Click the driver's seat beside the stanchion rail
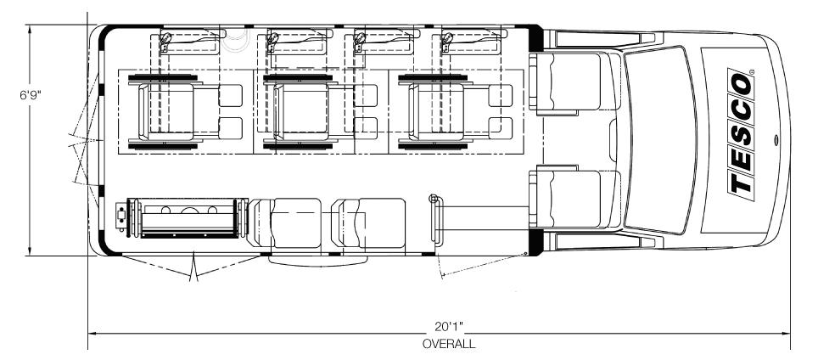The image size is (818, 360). tap(570, 199)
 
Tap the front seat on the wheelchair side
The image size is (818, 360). tap(570, 82)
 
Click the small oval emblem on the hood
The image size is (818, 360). tap(776, 140)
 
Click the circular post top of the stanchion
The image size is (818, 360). tap(435, 199)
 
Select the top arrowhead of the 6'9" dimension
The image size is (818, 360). tap(31, 28)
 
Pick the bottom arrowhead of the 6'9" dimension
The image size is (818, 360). tap(31, 251)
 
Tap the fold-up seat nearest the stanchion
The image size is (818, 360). tap(369, 222)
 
